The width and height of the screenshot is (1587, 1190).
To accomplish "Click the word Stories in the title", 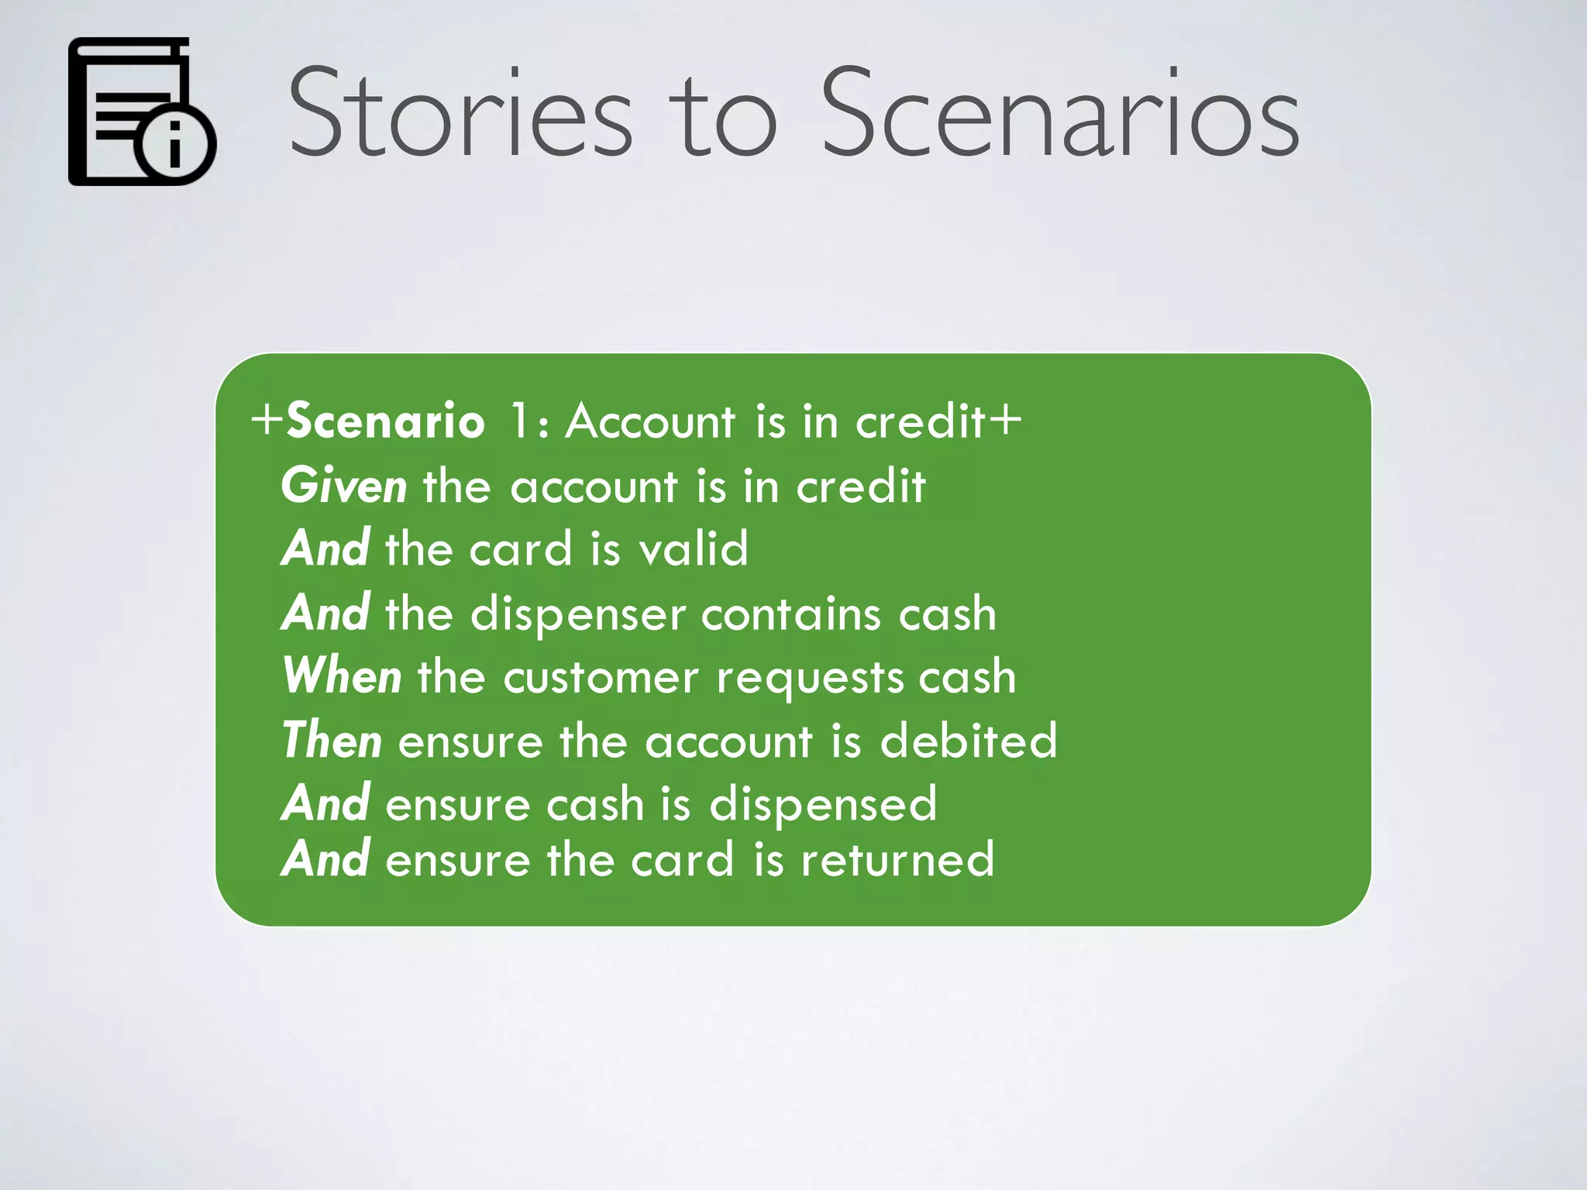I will tap(460, 115).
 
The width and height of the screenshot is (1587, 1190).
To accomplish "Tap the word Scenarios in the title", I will tap(1059, 115).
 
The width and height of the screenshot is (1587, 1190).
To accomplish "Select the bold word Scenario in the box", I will tap(385, 421).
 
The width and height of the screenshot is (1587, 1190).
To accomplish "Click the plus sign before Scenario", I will tap(267, 420).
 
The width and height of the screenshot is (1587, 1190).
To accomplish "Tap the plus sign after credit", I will tap(1005, 420).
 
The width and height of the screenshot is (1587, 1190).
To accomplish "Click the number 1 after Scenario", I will tap(519, 421).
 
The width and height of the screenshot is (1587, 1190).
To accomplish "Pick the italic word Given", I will tap(343, 487).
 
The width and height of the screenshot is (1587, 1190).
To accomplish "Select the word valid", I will tap(694, 549).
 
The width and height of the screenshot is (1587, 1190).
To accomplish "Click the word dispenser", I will tap(577, 615).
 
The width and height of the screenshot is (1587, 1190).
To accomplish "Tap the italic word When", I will tap(342, 676).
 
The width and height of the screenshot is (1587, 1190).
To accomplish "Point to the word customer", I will tap(601, 677).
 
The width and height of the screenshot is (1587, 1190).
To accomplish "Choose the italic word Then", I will tap(332, 740).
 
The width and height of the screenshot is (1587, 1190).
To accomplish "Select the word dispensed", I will tap(823, 804).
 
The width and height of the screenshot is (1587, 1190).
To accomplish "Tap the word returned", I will tap(897, 859).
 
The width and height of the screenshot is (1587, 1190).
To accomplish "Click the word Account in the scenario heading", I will tap(649, 421).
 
